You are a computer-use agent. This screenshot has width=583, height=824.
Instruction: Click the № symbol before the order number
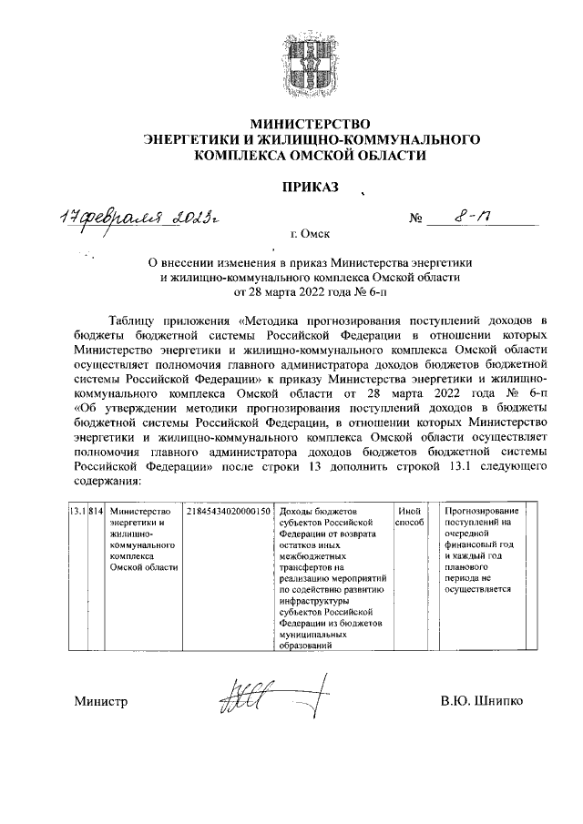coord(418,221)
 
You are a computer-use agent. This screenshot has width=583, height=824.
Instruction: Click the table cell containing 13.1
coord(78,512)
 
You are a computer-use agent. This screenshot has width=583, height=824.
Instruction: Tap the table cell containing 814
coord(97,512)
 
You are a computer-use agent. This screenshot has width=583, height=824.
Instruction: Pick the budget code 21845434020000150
coord(228,512)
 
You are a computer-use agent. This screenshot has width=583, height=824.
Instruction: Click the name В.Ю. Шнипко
coord(481,702)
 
